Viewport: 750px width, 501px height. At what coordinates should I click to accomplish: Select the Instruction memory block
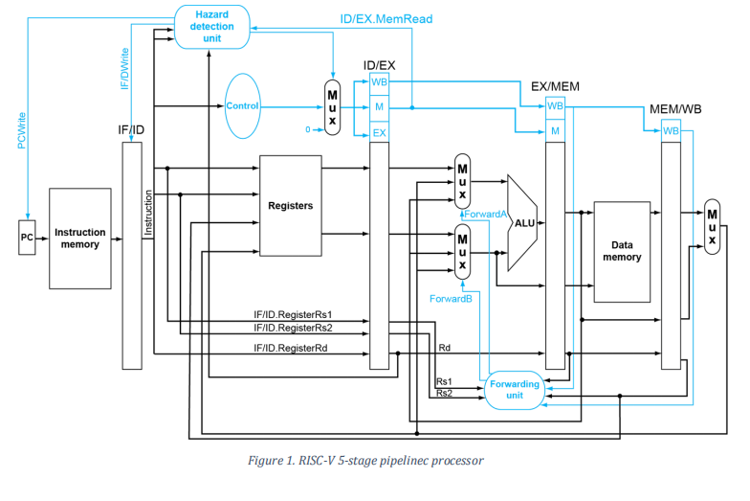coord(80,239)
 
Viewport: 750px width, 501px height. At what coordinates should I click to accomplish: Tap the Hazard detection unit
coord(211,25)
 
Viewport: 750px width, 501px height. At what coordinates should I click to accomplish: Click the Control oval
coord(242,106)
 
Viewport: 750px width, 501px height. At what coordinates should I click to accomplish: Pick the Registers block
coord(291,206)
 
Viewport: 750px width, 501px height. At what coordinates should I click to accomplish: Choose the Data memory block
coord(622,251)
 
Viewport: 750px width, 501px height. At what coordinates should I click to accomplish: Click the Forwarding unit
coord(514,390)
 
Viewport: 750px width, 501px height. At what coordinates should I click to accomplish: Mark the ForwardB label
coord(451,299)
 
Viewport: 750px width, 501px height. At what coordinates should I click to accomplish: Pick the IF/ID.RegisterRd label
coord(291,349)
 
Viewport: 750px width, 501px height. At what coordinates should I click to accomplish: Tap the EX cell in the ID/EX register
coord(379,133)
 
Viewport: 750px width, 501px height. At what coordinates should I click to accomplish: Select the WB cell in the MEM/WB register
coord(671,130)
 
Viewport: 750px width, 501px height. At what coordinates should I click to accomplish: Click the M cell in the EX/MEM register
coord(555,130)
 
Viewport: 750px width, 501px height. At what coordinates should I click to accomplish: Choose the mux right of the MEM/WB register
coord(712,227)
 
